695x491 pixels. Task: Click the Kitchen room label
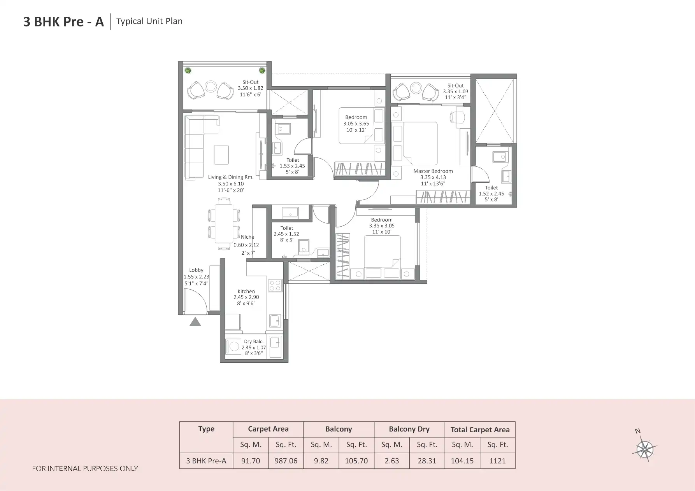(246, 291)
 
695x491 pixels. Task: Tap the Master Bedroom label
(433, 171)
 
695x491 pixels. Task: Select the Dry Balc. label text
(253, 342)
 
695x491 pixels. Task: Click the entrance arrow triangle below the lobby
(195, 322)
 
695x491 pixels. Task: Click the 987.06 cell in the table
(286, 461)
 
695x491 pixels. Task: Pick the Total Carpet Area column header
(480, 430)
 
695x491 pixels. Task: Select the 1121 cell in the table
(497, 461)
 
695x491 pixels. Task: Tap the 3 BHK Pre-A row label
(206, 461)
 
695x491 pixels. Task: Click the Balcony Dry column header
(409, 429)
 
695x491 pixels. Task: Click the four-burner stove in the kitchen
(275, 285)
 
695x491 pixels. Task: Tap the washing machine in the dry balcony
(234, 346)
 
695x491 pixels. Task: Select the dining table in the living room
(224, 224)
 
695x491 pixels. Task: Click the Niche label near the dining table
(247, 237)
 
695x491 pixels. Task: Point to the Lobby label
(196, 270)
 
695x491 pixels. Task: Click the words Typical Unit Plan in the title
(149, 21)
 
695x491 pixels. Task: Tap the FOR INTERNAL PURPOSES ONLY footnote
(85, 468)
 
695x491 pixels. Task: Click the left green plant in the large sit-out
(188, 71)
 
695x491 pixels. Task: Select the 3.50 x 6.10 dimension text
(231, 184)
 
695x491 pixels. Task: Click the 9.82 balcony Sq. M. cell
(321, 461)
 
